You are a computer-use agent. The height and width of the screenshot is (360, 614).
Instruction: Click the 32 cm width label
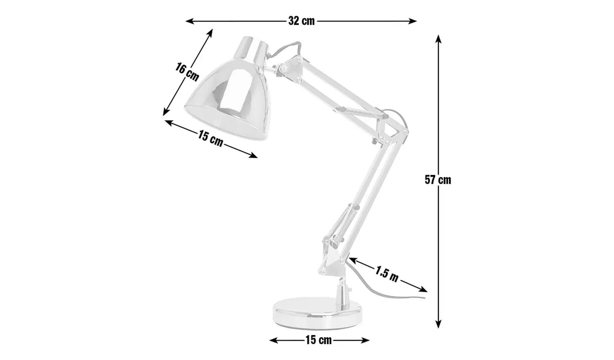click(x=302, y=21)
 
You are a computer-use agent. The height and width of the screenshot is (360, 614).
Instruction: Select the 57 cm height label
click(x=438, y=180)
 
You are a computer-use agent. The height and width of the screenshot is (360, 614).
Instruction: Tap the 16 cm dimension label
click(x=187, y=72)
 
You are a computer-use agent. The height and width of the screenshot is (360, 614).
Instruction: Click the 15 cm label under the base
click(x=318, y=340)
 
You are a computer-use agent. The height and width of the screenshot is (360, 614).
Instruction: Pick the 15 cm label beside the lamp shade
click(x=210, y=138)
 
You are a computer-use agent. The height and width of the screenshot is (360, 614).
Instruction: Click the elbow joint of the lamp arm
click(x=391, y=131)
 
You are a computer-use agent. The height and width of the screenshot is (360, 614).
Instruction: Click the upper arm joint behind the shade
click(x=289, y=67)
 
